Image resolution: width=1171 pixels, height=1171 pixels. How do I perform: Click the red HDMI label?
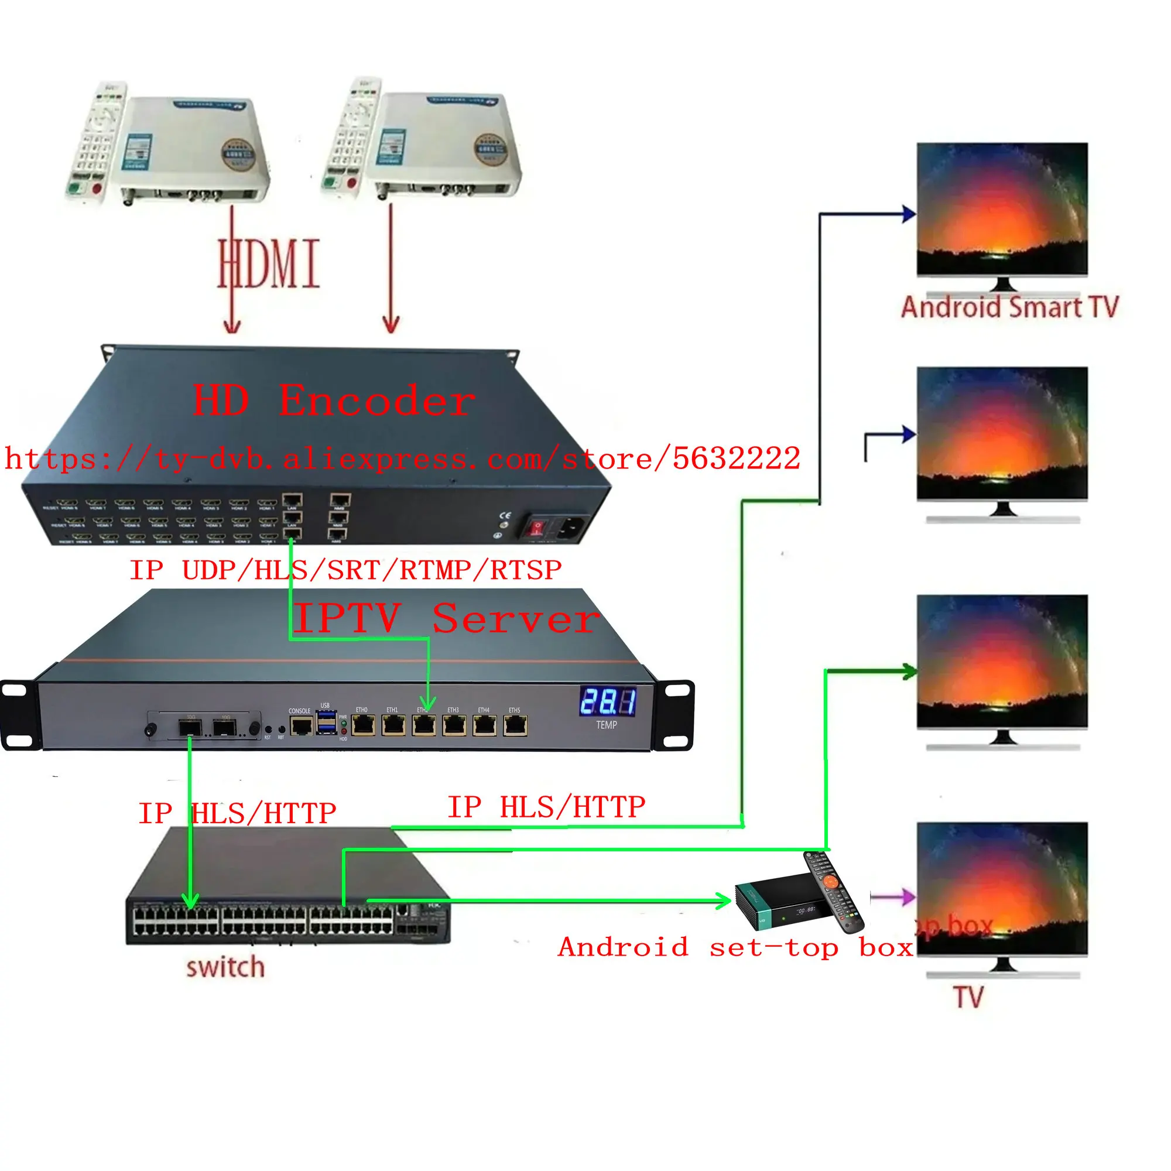(269, 263)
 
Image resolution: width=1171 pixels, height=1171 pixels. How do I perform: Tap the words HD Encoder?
(333, 400)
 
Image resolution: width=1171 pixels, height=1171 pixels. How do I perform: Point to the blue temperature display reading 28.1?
(607, 701)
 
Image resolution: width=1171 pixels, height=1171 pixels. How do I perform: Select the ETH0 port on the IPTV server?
(363, 725)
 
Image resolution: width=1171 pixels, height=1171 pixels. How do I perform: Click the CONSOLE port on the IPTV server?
(300, 725)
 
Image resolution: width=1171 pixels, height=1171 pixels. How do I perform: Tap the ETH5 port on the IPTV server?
(515, 725)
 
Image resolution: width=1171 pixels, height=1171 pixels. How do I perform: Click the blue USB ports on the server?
(326, 723)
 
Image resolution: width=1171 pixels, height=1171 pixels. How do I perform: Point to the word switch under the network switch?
(225, 967)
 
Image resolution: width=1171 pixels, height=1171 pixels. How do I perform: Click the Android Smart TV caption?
(1009, 307)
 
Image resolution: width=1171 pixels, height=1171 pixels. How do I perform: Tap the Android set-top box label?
(735, 947)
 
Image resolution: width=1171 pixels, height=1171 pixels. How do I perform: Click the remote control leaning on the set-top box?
(834, 891)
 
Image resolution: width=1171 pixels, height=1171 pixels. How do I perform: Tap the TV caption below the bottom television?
(968, 997)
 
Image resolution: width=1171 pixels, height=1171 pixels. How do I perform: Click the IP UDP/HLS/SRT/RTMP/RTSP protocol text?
(345, 570)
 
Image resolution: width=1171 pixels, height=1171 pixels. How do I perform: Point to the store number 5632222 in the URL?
(737, 458)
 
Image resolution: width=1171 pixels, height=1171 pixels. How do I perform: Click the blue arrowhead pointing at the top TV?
(908, 213)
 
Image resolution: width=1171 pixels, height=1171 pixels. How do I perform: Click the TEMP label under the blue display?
(606, 725)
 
